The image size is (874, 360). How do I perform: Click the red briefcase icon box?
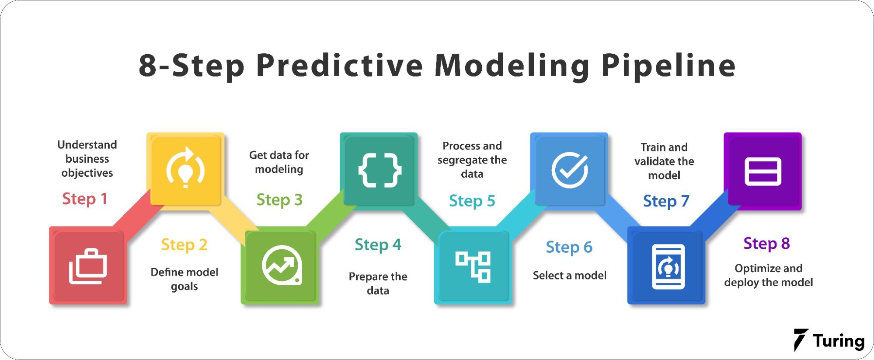(88, 266)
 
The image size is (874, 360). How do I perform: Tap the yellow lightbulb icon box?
(185, 169)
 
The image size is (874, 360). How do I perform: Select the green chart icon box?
(280, 266)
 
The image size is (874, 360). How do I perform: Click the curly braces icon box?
(379, 169)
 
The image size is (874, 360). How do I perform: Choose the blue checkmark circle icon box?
(569, 169)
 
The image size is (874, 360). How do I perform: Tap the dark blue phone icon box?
(666, 266)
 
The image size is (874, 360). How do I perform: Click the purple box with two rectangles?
(763, 171)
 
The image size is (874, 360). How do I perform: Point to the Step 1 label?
(84, 199)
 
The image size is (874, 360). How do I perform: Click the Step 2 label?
(184, 245)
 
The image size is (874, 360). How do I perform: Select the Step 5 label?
(472, 201)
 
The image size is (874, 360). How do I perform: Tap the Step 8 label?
(767, 244)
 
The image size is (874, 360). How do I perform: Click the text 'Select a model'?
(570, 276)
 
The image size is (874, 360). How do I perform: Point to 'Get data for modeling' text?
(279, 162)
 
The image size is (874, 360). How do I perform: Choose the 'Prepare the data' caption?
(378, 283)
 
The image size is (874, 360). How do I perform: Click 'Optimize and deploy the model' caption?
(769, 275)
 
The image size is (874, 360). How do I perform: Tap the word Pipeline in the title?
(669, 66)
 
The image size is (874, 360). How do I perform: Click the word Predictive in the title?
(340, 66)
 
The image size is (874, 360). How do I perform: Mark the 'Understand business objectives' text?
(87, 159)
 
